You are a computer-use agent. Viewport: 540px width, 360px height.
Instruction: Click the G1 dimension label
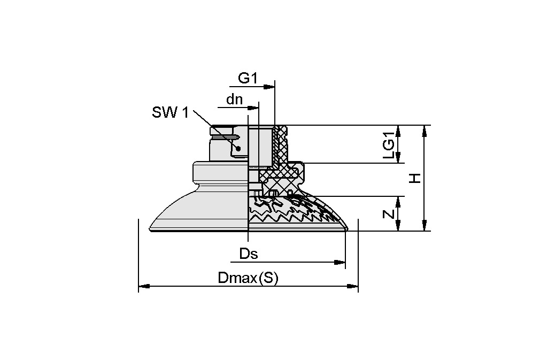(248, 78)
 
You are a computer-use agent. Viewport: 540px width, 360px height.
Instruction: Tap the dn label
(234, 99)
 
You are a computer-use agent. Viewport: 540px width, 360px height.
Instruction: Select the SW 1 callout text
(170, 112)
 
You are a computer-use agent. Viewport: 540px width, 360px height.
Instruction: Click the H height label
(414, 178)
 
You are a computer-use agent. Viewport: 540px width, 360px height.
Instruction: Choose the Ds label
(248, 254)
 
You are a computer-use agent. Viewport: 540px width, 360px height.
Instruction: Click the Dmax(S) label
(248, 278)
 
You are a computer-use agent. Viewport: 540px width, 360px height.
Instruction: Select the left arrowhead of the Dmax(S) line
(143, 287)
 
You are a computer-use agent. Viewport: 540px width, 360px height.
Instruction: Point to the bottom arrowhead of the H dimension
(425, 227)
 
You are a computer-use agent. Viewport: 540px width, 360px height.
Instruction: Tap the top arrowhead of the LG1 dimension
(399, 129)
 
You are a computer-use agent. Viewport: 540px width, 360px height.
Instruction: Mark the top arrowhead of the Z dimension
(399, 200)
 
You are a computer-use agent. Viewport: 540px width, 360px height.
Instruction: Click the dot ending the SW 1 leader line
(238, 148)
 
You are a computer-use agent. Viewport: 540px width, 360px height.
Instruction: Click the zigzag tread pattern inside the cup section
(278, 214)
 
